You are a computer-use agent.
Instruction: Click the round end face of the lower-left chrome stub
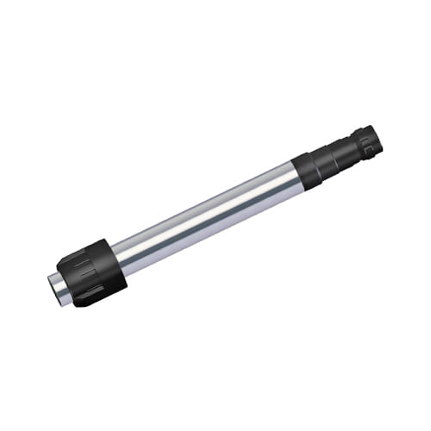click(x=51, y=285)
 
